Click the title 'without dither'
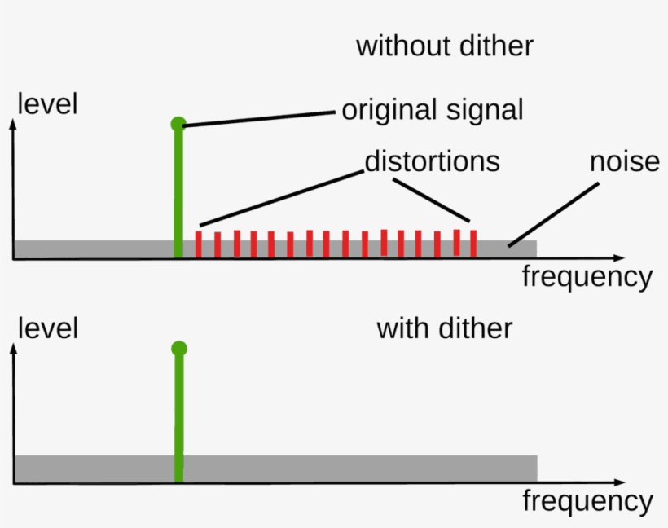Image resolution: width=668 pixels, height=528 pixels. click(x=444, y=46)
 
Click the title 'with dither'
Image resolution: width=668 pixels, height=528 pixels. click(x=444, y=328)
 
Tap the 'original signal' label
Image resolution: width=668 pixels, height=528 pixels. click(x=432, y=110)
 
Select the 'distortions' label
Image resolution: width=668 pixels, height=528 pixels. click(x=432, y=161)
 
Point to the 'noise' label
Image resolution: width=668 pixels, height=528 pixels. click(x=624, y=161)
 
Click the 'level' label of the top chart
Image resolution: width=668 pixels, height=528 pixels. click(x=47, y=104)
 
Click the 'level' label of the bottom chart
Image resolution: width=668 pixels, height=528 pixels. click(x=47, y=328)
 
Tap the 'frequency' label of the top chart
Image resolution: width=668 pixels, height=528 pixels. click(x=587, y=277)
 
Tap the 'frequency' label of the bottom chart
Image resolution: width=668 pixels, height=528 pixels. click(x=587, y=500)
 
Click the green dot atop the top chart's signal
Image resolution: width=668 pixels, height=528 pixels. click(x=178, y=124)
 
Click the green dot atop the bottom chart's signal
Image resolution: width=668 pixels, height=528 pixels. click(x=179, y=349)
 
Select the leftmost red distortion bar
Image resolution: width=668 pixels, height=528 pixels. click(x=199, y=244)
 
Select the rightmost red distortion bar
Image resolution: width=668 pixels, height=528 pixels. click(x=472, y=244)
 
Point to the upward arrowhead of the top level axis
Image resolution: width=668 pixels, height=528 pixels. click(x=13, y=125)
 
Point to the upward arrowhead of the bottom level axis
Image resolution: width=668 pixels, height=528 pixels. click(x=13, y=349)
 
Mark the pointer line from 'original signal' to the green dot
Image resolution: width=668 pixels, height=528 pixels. click(x=261, y=117)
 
